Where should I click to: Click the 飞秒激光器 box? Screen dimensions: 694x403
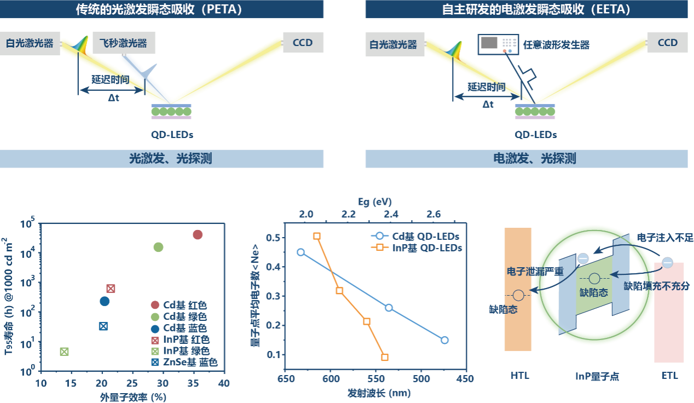pyautogui.click(x=124, y=43)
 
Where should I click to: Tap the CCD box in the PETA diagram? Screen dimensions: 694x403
pyautogui.click(x=303, y=43)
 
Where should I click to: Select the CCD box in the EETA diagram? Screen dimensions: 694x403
pyautogui.click(x=667, y=43)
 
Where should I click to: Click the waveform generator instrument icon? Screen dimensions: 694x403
pyautogui.click(x=498, y=44)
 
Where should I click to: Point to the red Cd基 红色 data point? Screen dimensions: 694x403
pyautogui.click(x=198, y=235)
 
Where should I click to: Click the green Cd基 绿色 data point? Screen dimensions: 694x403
pyautogui.click(x=158, y=247)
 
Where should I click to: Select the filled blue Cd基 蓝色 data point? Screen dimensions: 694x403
pyautogui.click(x=105, y=301)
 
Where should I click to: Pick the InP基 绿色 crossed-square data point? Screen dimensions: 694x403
pyautogui.click(x=64, y=352)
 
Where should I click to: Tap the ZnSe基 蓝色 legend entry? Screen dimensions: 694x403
pyautogui.click(x=184, y=362)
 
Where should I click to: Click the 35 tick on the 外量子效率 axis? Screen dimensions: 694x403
pyautogui.click(x=193, y=383)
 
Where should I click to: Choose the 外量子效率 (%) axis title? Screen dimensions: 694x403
pyautogui.click(x=133, y=397)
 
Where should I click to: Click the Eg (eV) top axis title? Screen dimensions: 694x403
pyautogui.click(x=375, y=202)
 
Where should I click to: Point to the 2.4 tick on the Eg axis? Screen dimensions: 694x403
pyautogui.click(x=391, y=214)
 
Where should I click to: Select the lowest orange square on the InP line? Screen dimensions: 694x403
pyautogui.click(x=384, y=357)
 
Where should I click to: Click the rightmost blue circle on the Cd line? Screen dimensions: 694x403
pyautogui.click(x=444, y=340)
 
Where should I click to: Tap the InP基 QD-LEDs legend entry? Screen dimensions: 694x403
pyautogui.click(x=417, y=247)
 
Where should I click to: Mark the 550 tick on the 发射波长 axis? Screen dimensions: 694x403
pyautogui.click(x=376, y=379)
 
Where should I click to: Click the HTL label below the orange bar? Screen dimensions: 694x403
pyautogui.click(x=520, y=376)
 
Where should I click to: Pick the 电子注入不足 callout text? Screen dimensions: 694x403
pyautogui.click(x=665, y=238)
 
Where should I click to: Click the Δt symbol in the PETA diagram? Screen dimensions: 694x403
pyautogui.click(x=114, y=98)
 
